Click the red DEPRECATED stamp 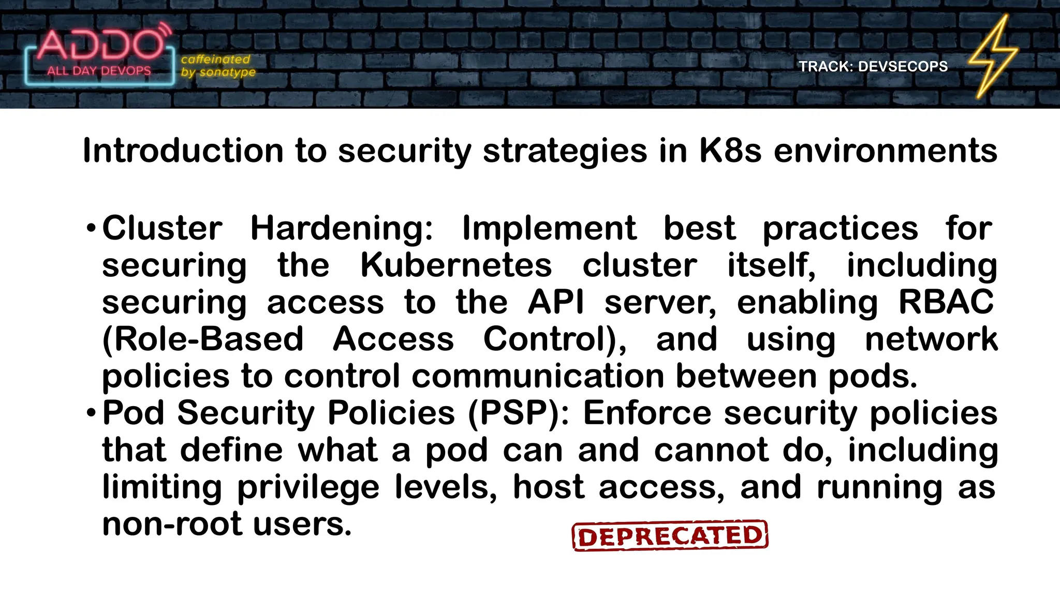(670, 536)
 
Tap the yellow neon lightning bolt (993, 57)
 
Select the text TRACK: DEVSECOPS (873, 67)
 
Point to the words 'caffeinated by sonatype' (218, 66)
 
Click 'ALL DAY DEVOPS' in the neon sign (99, 71)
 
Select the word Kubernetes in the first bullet (456, 265)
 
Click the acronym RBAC (946, 302)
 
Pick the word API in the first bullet (556, 302)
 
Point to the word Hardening (342, 228)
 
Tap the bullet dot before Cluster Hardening (91, 228)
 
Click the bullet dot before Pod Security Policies (91, 413)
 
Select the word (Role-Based (203, 340)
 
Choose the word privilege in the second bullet (308, 487)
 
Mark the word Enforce (647, 413)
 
